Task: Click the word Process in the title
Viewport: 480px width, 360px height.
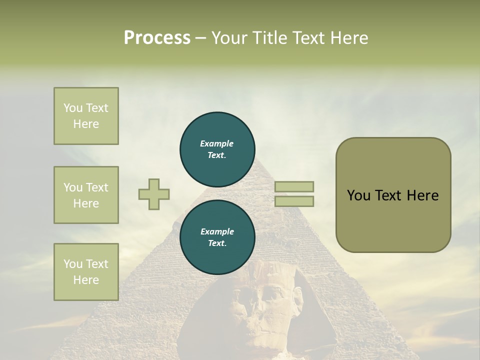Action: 157,37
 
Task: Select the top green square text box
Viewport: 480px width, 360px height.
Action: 86,116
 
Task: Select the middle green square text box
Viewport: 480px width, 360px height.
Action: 86,195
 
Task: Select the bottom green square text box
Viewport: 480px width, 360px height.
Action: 86,271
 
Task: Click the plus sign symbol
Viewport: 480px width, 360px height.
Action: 154,194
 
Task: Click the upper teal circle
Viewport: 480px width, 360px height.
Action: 217,149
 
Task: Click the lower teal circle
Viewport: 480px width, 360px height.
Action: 217,237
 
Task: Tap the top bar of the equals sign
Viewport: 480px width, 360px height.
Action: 294,186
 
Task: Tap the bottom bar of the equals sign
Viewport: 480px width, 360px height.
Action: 294,201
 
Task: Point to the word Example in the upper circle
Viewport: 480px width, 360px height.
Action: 217,143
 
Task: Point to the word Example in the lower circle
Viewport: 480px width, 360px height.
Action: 217,231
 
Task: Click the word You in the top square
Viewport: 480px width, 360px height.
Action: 73,108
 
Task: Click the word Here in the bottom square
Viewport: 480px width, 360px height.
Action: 86,280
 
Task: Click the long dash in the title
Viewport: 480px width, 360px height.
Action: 201,37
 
